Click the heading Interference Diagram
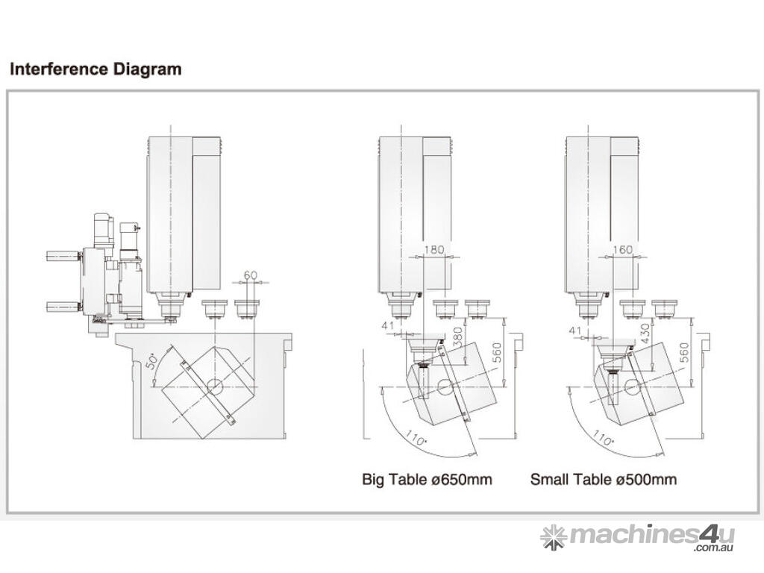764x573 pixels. pyautogui.click(x=95, y=70)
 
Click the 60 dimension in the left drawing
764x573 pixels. pyautogui.click(x=251, y=275)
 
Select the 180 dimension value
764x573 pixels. pyautogui.click(x=435, y=250)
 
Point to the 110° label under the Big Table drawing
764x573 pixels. pyautogui.click(x=416, y=435)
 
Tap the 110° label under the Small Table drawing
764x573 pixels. pyautogui.click(x=603, y=435)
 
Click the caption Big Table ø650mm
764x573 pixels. pyautogui.click(x=427, y=479)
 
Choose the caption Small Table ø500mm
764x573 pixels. pyautogui.click(x=604, y=479)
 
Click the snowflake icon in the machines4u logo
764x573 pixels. pyautogui.click(x=554, y=536)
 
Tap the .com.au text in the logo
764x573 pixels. pyautogui.click(x=714, y=549)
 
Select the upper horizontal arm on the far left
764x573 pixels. pyautogui.click(x=63, y=257)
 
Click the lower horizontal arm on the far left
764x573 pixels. pyautogui.click(x=63, y=305)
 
